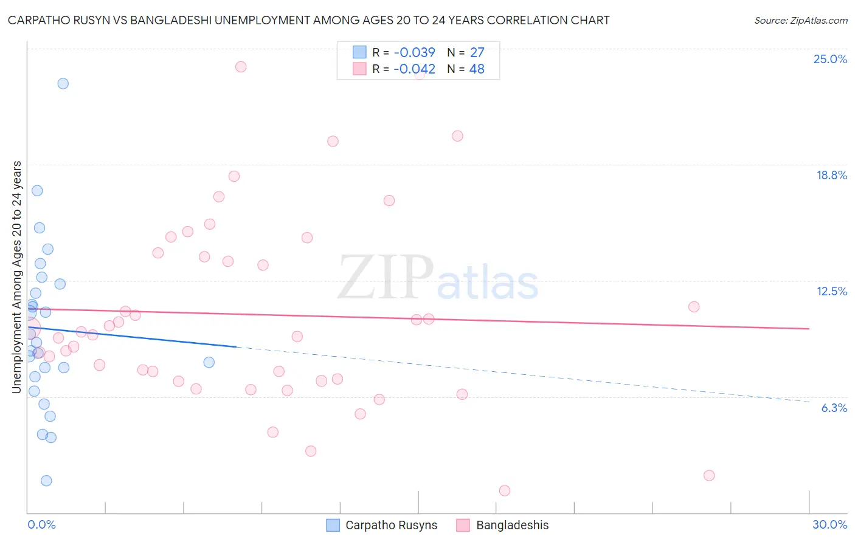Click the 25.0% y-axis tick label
pos(830,59)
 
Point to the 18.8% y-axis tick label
pos(831,175)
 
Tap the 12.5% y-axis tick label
pos(831,291)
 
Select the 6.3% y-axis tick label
pos(834,408)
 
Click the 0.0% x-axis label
pos(41,524)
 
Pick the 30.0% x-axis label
pos(829,524)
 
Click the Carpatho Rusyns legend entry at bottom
pos(391,525)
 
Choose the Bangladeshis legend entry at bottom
pos(512,525)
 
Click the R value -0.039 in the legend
pos(414,53)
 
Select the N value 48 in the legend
pos(477,69)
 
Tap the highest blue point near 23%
pos(63,84)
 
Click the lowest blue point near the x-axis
pos(46,481)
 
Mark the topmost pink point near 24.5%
pos(241,67)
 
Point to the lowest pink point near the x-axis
pos(504,490)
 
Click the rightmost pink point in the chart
pos(709,475)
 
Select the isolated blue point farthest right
pos(209,362)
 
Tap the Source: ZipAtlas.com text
pos(800,21)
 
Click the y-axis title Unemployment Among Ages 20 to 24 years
pos(17,277)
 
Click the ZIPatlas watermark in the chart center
pos(438,278)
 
